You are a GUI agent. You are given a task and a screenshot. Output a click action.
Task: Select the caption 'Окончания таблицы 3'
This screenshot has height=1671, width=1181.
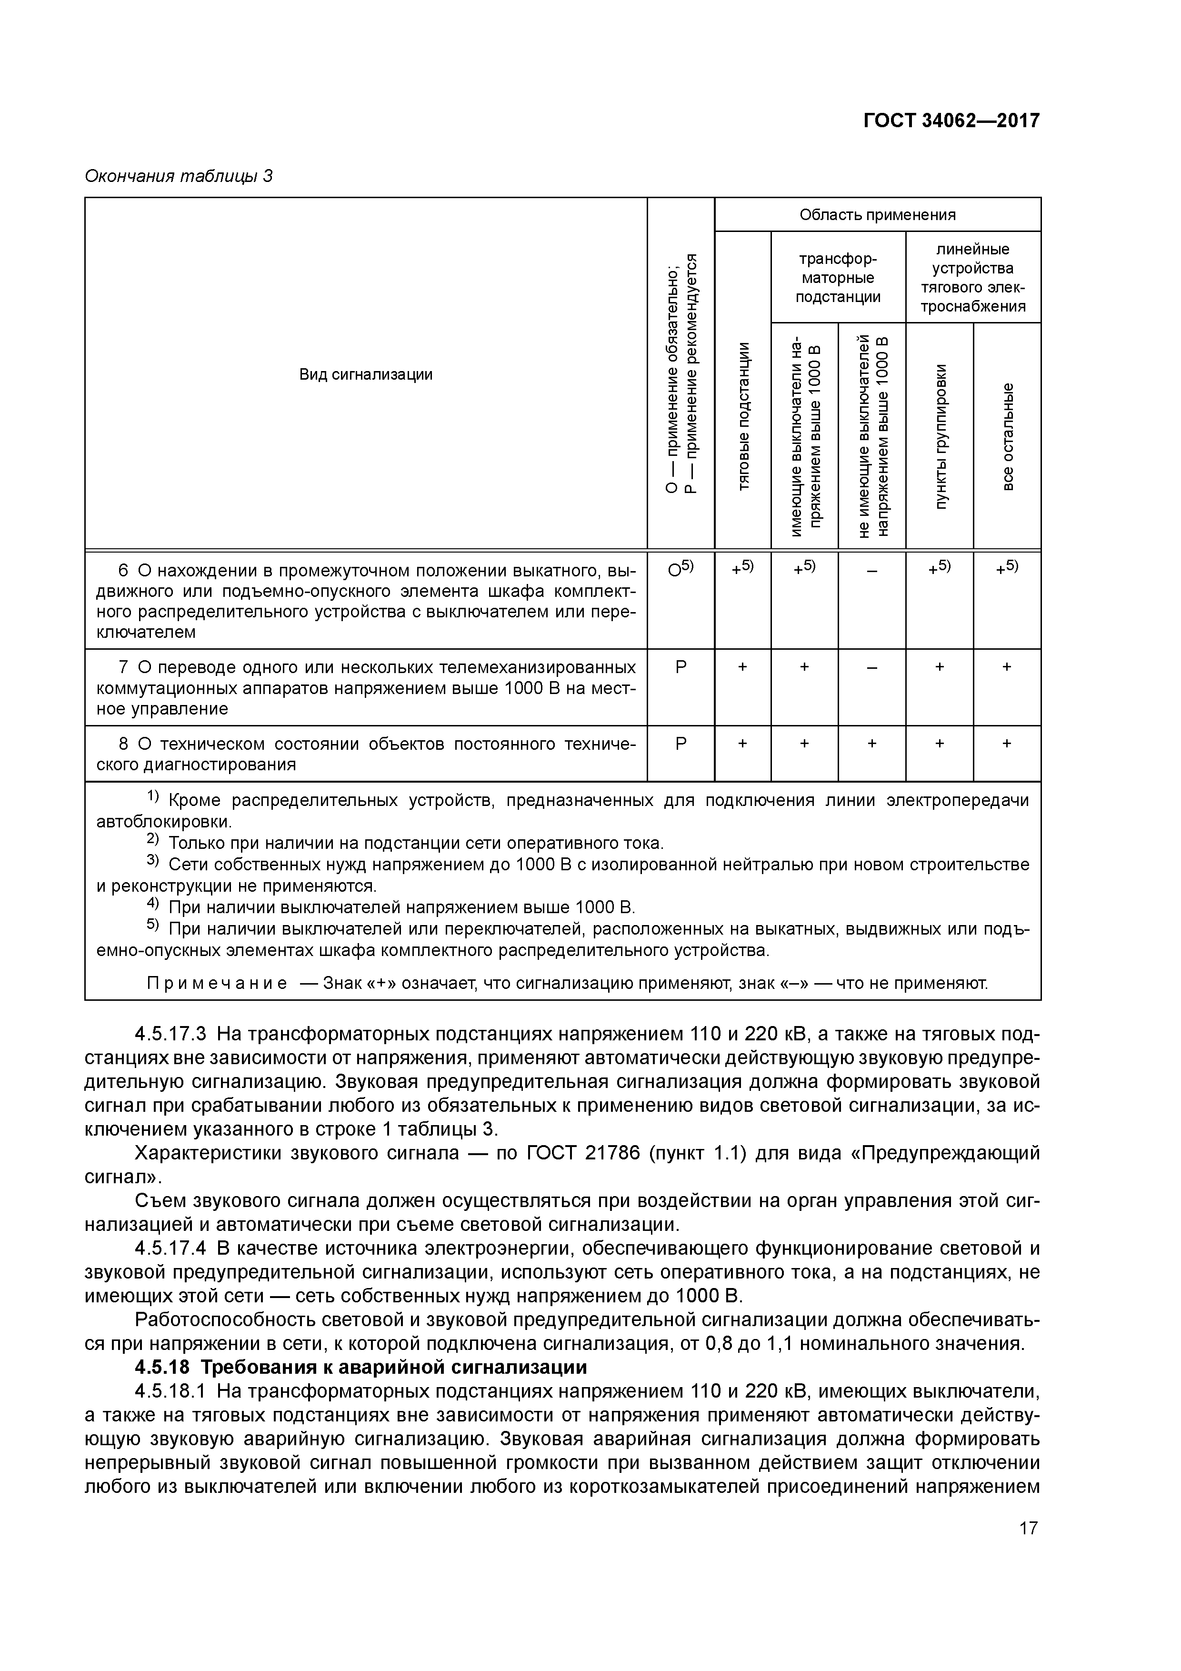coord(178,176)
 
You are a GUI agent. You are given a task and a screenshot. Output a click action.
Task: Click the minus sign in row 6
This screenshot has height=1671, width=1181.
coord(872,571)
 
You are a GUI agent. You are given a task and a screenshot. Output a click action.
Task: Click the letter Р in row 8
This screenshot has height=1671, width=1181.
coord(681,743)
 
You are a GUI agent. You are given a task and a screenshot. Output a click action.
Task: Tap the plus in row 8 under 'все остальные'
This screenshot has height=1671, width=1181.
coord(1007,743)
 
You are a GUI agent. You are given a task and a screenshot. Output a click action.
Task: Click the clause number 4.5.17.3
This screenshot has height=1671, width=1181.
coord(171,1034)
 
